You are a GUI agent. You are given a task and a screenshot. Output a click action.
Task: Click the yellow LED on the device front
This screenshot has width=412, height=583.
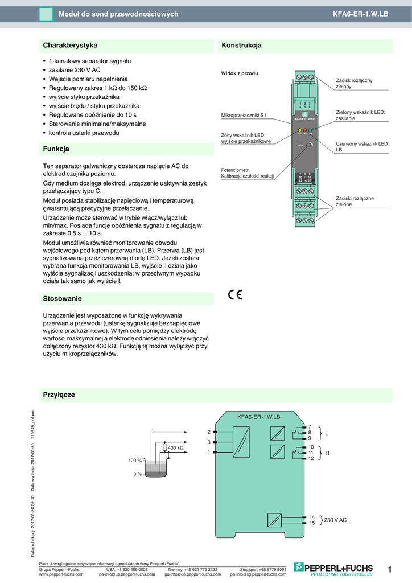pos(299,130)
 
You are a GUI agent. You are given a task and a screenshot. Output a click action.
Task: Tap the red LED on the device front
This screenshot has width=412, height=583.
pos(304,130)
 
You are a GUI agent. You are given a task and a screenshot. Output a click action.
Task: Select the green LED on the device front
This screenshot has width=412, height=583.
pos(310,130)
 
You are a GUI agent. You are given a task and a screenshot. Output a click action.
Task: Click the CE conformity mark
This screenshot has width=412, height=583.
pos(235,294)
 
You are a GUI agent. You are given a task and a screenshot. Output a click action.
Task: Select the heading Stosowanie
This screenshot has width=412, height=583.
pos(63,298)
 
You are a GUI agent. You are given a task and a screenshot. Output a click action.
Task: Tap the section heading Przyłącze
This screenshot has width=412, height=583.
pos(59,395)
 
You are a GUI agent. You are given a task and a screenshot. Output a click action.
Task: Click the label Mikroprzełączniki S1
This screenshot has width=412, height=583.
pos(244,116)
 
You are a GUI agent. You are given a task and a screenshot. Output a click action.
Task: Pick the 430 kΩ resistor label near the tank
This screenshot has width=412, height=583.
pos(175,448)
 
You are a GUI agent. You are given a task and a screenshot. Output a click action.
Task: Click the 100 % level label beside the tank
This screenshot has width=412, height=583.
pos(135,460)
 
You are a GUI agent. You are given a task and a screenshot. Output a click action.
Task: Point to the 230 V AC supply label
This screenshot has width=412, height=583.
pos(335,520)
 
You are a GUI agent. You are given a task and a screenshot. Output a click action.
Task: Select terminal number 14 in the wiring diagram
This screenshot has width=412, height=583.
pos(311,517)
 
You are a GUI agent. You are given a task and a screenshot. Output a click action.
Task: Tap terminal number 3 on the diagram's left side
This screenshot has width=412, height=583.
pos(209,442)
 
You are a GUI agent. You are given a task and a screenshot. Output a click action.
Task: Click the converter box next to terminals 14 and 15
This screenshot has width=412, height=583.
pos(274,520)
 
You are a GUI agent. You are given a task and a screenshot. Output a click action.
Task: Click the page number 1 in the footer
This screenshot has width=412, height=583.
pos(390,569)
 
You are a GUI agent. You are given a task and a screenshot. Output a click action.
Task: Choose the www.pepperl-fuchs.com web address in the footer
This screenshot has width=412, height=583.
pos(61,574)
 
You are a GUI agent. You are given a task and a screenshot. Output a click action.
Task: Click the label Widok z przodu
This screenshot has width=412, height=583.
pos(240,74)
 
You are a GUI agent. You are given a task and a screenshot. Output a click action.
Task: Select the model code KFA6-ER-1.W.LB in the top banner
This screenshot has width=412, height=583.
pos(360,14)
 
